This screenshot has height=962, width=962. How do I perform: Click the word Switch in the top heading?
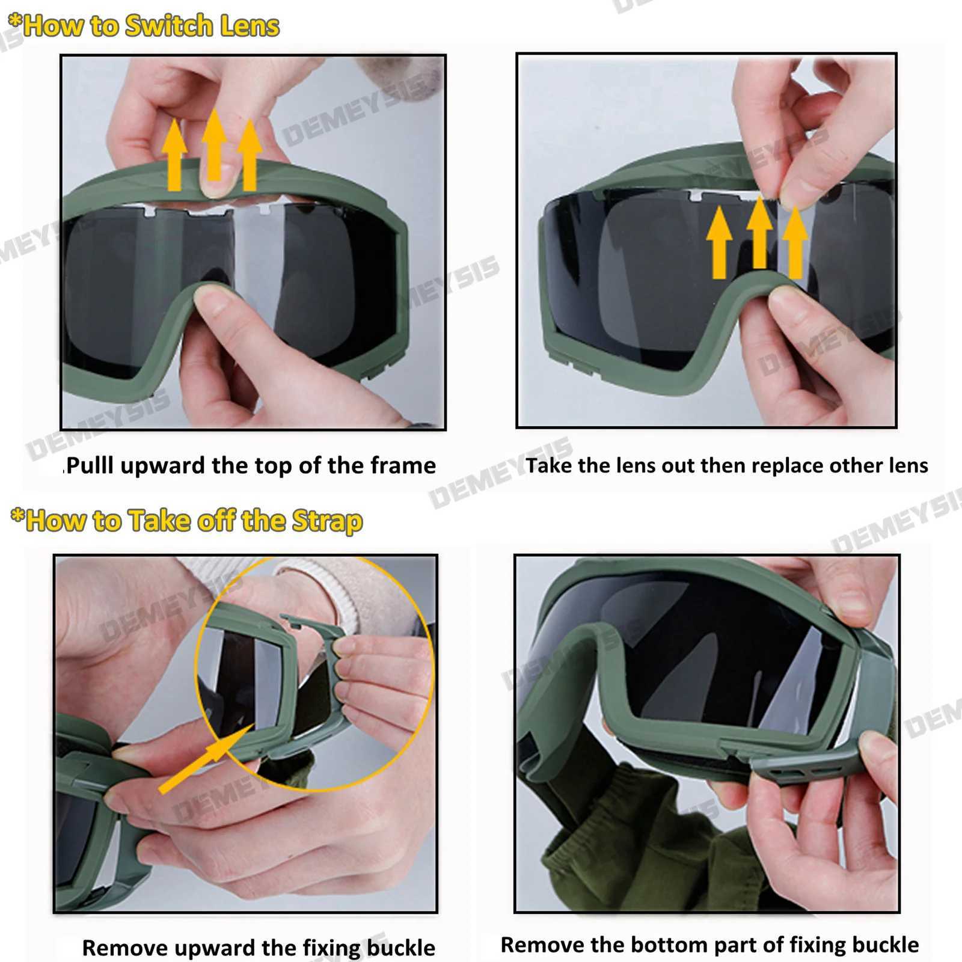161,26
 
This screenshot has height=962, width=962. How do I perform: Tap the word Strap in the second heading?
327,521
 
